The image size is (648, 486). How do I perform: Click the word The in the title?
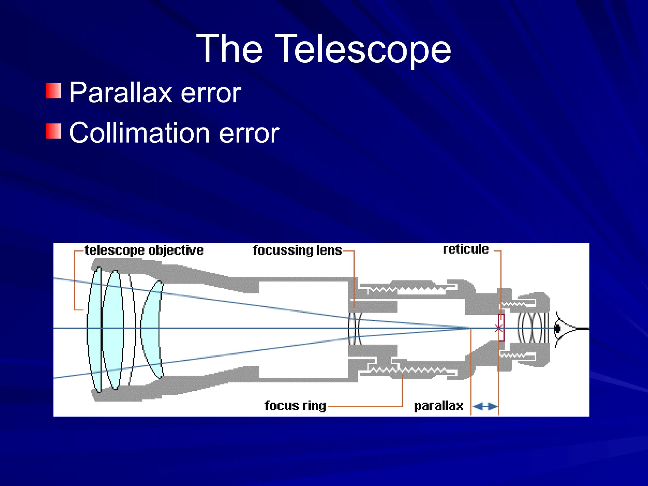tap(230, 49)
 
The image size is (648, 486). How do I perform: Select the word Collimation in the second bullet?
tap(139, 133)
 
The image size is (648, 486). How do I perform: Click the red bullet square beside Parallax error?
tap(53, 91)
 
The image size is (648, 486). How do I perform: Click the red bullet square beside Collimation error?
tap(53, 131)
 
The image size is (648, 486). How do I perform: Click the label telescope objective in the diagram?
tap(144, 250)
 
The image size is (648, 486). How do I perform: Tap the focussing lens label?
tap(297, 250)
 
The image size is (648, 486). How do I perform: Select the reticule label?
tap(466, 249)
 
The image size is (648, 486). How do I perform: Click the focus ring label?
tap(295, 406)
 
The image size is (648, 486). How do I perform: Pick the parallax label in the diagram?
tap(439, 406)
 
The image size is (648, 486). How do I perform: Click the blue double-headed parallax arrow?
tap(485, 406)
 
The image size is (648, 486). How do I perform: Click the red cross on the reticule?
tap(499, 328)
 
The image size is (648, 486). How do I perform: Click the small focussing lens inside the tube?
tap(355, 328)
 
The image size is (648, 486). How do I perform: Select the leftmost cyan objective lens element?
tap(94, 329)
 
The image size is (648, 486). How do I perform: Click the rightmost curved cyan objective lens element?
tap(151, 329)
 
